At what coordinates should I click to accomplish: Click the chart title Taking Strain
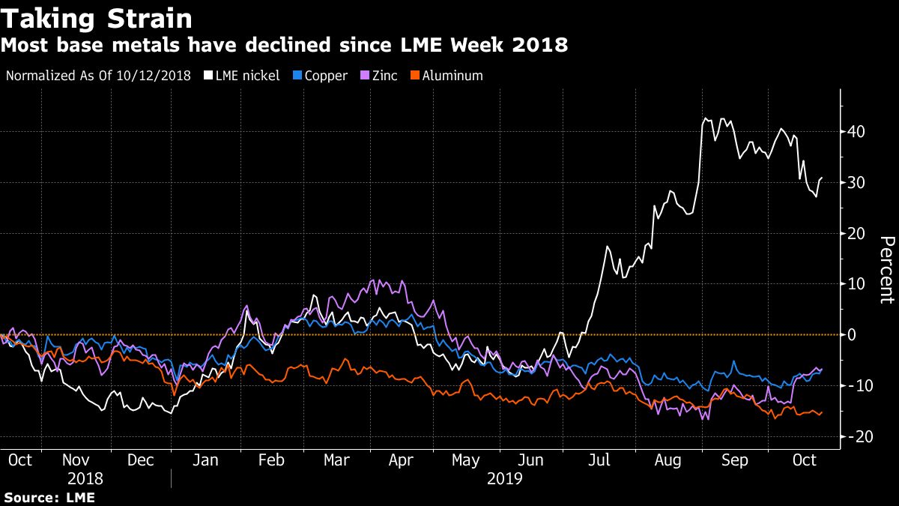[97, 18]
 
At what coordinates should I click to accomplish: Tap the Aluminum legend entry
[452, 76]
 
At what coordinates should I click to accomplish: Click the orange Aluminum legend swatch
[417, 76]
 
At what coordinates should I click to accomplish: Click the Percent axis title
[886, 270]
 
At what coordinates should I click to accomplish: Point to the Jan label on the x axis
[206, 460]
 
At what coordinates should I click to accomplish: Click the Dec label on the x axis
[142, 460]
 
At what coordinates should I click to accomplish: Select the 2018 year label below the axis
[85, 478]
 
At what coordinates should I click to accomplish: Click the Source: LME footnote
[49, 497]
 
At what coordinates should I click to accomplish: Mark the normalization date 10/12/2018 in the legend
[159, 76]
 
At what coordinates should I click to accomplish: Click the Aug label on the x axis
[669, 460]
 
